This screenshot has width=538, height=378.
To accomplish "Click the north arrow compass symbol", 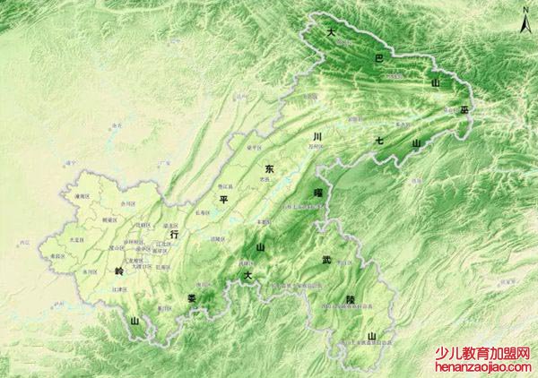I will (525, 20).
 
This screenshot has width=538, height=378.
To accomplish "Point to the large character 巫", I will (464, 109).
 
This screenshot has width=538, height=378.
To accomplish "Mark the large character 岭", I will (118, 270).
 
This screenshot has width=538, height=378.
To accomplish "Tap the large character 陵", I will (338, 301).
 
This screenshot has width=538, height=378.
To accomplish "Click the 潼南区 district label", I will (82, 195).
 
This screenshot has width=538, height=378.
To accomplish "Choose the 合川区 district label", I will (128, 203).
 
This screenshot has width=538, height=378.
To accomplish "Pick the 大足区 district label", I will (76, 240).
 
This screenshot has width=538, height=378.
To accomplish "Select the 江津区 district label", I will (118, 289).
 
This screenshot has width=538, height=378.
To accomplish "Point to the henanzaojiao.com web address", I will (483, 367).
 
